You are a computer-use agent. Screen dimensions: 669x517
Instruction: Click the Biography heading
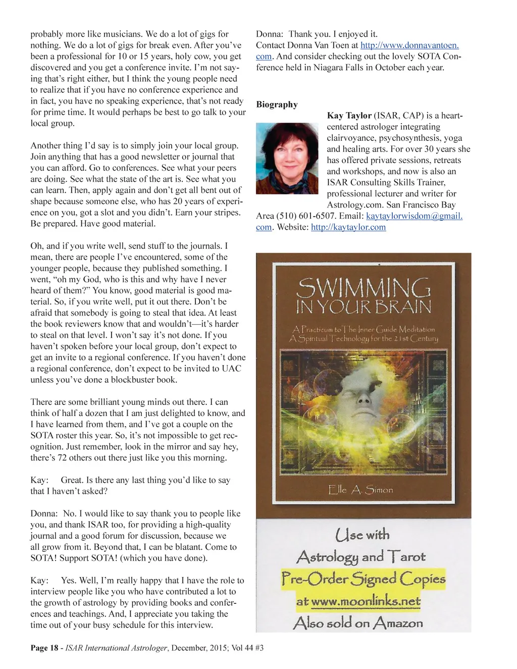[277, 105]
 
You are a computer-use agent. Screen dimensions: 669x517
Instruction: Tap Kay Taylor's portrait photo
[287, 158]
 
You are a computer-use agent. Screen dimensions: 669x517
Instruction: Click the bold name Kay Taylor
[349, 116]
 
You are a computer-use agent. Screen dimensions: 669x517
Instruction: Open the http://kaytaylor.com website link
[348, 227]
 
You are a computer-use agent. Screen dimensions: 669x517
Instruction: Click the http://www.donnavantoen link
[409, 45]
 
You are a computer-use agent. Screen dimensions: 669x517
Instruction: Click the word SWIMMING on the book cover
[363, 289]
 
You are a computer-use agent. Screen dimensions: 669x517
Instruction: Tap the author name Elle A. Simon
[360, 490]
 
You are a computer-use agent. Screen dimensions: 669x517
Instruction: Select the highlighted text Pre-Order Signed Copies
[363, 579]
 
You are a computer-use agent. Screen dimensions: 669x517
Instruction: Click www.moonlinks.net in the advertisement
[366, 602]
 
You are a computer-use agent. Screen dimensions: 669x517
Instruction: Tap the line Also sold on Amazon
[358, 623]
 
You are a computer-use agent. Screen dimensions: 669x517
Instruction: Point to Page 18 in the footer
[44, 648]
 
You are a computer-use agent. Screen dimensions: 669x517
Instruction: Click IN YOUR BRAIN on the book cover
[363, 307]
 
